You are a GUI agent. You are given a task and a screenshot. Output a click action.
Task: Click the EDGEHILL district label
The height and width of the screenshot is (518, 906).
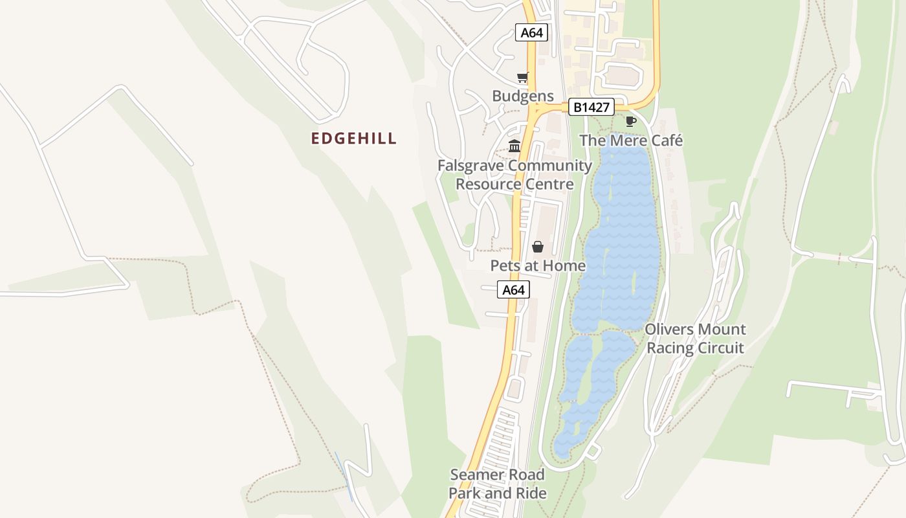[353, 139]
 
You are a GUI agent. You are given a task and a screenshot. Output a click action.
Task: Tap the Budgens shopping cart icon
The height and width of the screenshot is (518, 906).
[522, 78]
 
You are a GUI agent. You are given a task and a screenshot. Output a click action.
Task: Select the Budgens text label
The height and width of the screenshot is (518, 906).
[523, 96]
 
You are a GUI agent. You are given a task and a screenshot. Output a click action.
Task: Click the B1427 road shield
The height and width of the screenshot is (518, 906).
[591, 107]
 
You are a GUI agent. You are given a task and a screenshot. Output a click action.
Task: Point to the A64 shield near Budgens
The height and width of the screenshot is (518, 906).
[531, 32]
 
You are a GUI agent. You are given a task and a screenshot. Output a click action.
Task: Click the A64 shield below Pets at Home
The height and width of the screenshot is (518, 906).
[513, 290]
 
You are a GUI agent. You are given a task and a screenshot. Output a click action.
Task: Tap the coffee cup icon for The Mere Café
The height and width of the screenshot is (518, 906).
[631, 121]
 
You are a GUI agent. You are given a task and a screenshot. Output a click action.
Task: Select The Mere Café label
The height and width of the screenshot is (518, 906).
[631, 141]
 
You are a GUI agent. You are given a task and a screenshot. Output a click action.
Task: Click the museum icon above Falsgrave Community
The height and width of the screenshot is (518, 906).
[514, 146]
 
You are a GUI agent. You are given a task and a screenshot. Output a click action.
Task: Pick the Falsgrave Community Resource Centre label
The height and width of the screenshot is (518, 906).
[514, 175]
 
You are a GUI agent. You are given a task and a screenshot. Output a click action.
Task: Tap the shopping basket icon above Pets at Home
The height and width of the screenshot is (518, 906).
[537, 247]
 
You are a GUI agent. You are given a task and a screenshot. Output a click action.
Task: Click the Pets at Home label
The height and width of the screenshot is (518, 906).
[538, 265]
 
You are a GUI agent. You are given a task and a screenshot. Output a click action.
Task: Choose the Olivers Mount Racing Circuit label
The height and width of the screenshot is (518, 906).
[695, 339]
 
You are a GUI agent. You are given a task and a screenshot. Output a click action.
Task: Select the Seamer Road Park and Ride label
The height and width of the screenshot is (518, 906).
[498, 484]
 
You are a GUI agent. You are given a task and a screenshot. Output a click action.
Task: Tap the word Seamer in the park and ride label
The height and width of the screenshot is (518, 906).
[474, 475]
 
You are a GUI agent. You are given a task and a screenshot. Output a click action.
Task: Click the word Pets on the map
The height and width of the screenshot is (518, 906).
[505, 265]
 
